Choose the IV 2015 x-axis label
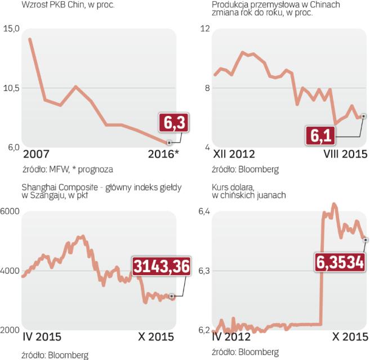point(42,337)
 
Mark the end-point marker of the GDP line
point(170,143)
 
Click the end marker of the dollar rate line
point(365,240)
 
